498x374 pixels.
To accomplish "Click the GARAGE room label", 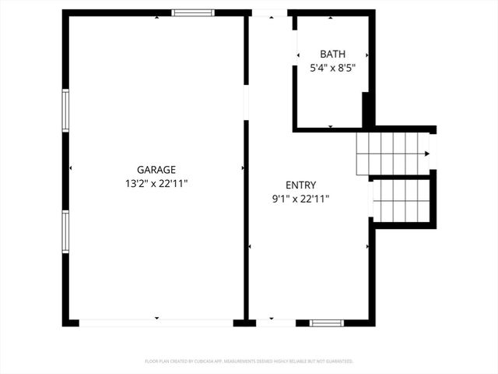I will point(156,169).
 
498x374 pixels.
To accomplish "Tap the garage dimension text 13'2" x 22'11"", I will point(156,184).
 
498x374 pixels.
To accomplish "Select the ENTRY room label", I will point(300,185).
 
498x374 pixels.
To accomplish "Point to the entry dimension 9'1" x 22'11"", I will point(300,199).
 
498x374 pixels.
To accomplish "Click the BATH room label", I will point(332,54).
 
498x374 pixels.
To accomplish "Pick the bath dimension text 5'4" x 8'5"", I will point(332,68).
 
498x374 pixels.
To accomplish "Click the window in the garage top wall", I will point(192,12).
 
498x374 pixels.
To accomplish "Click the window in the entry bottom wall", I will point(326,322).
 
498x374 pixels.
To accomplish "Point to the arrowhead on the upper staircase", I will point(426,154).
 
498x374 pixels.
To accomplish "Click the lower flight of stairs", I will point(401,200).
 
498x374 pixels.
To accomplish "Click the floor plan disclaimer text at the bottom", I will point(249,362).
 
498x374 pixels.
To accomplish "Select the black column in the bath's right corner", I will point(365,110).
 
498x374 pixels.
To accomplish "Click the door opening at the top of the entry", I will point(272,13).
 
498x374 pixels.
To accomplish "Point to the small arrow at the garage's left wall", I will point(71,168).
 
